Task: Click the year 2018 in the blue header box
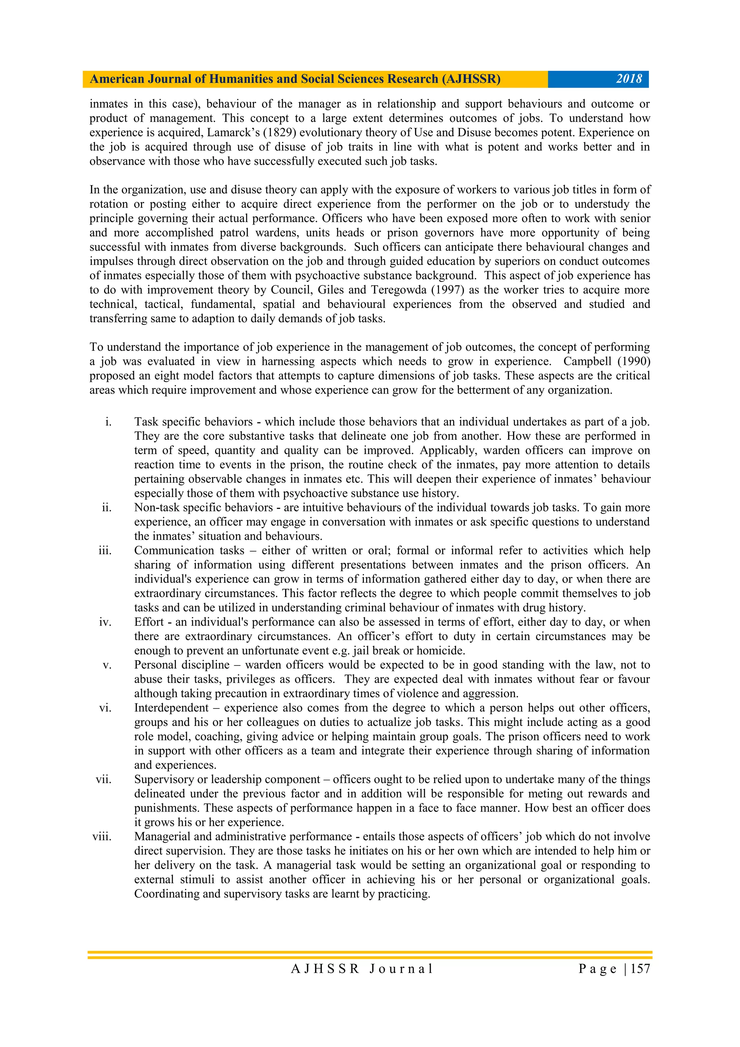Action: [x=629, y=79]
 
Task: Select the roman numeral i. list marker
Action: [x=108, y=422]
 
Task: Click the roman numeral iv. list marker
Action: [x=105, y=622]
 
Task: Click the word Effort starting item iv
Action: [x=149, y=622]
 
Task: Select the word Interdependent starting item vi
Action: [x=171, y=708]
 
